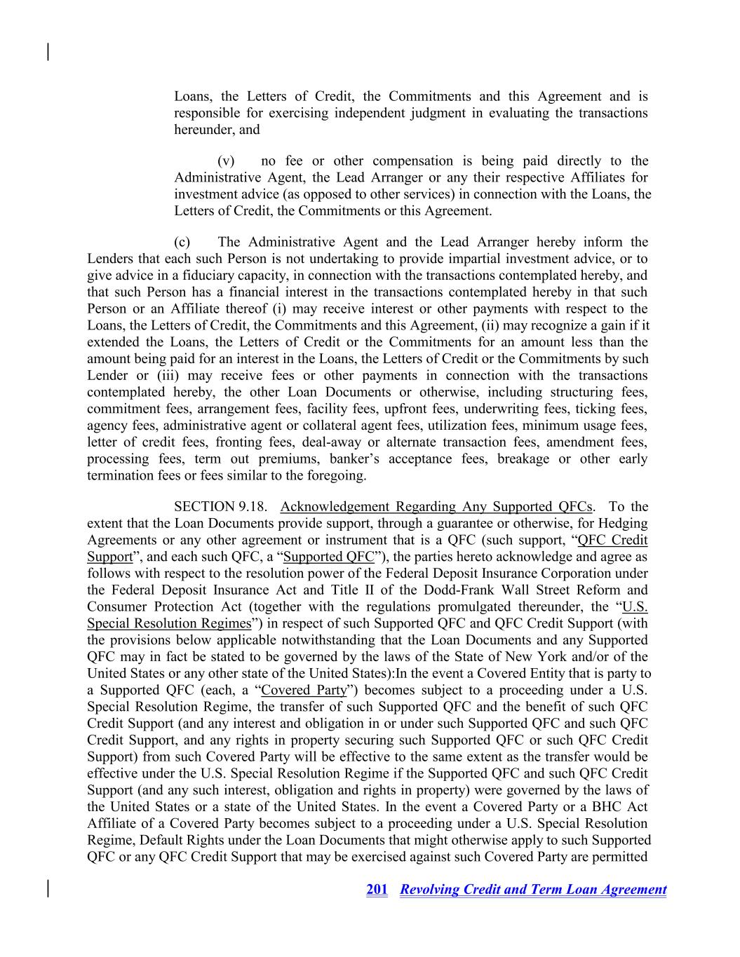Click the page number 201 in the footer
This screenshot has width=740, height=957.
pos(377,890)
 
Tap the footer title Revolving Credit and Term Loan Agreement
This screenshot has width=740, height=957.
pos(533,890)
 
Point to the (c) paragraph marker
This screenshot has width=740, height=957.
pos(182,243)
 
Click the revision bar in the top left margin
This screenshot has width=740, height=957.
pos(48,52)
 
